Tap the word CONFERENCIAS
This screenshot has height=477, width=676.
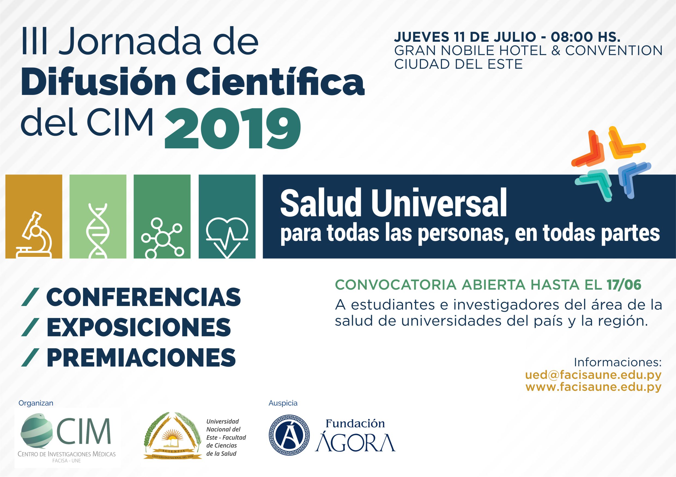tap(143, 297)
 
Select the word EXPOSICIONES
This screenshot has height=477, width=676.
tap(138, 327)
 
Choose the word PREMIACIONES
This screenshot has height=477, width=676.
tap(141, 357)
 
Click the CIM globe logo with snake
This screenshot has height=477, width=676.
tap(37, 430)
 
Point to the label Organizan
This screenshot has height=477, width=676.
tap(36, 403)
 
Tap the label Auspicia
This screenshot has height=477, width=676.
tap(283, 403)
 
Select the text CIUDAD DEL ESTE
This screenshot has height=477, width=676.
tap(458, 64)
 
